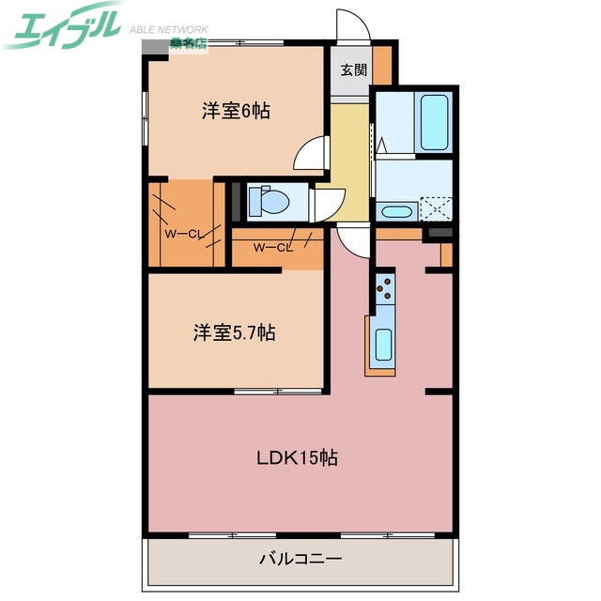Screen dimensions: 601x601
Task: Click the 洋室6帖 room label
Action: click(236, 111)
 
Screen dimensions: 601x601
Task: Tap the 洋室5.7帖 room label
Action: click(235, 332)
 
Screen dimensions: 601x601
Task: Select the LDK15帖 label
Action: click(298, 458)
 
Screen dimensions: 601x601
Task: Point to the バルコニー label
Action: click(300, 559)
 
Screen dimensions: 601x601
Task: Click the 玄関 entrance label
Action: click(353, 69)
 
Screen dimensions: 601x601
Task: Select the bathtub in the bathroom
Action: click(436, 122)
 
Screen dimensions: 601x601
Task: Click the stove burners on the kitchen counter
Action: click(385, 289)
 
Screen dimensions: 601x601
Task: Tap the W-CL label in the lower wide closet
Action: click(272, 248)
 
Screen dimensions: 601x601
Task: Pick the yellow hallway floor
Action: click(349, 150)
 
